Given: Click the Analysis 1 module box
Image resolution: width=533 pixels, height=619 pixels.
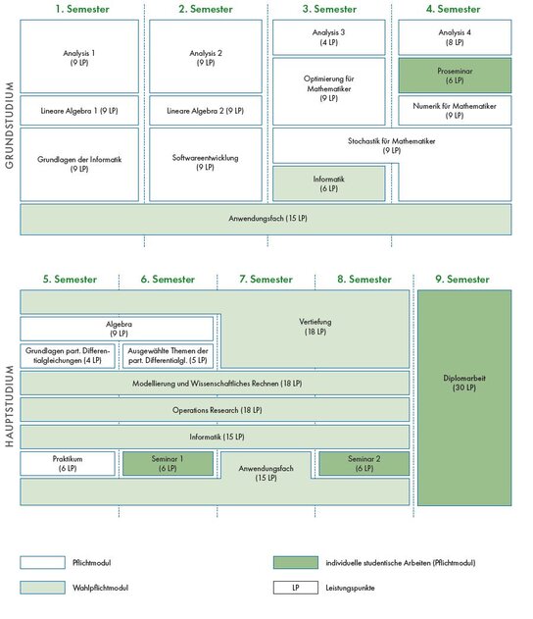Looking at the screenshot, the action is tap(79, 57).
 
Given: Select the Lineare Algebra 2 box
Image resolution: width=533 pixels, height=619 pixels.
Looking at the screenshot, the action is tap(206, 111).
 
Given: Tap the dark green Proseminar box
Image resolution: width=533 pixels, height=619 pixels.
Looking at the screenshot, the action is tap(455, 76).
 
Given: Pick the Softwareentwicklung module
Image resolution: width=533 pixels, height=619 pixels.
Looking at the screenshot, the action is tap(206, 164).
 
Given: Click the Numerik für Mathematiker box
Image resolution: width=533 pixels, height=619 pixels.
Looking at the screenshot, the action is tap(455, 111).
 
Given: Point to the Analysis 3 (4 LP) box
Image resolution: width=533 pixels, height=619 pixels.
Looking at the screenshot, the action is tap(329, 37).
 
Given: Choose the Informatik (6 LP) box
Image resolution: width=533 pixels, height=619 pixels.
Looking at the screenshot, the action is tap(329, 183).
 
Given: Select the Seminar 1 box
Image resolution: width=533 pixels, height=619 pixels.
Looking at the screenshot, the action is tap(168, 463).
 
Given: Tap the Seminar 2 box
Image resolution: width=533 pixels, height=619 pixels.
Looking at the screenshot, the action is tap(363, 463).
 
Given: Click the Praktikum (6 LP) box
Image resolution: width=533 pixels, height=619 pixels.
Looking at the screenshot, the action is tap(68, 463).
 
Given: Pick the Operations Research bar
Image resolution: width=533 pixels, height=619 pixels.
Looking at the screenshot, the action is tap(215, 410).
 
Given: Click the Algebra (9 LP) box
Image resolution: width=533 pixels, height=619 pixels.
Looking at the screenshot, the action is tap(117, 329).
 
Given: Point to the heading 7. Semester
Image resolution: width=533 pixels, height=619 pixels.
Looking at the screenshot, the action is tap(266, 280).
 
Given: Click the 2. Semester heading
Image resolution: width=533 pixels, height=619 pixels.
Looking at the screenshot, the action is tap(206, 9).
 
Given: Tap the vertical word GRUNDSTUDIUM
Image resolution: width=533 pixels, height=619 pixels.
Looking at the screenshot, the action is tap(10, 126).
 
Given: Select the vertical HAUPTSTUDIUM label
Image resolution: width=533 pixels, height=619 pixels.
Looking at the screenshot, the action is tap(10, 406).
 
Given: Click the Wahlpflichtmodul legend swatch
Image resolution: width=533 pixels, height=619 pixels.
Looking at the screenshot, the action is tap(42, 587).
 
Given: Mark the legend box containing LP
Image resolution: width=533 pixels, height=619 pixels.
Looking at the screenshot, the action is tap(296, 587).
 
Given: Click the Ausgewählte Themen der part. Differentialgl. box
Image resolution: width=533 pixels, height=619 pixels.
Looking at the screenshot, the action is tap(168, 356).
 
